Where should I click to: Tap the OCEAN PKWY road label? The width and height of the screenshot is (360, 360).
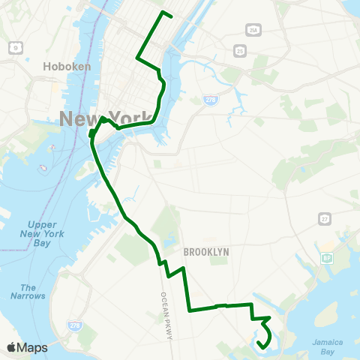tap(167, 315)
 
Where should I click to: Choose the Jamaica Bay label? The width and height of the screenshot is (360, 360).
tap(327, 346)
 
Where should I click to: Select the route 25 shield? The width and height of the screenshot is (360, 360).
tap(239, 51)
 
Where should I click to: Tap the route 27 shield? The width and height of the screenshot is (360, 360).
tap(324, 219)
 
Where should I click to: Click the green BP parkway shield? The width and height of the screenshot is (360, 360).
tap(327, 259)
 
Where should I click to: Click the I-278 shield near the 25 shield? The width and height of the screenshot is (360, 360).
tap(213, 99)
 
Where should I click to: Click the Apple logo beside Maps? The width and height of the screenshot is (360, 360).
tap(12, 347)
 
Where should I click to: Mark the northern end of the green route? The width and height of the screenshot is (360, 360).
tap(172, 16)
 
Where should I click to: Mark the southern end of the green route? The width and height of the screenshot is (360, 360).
tap(258, 343)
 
